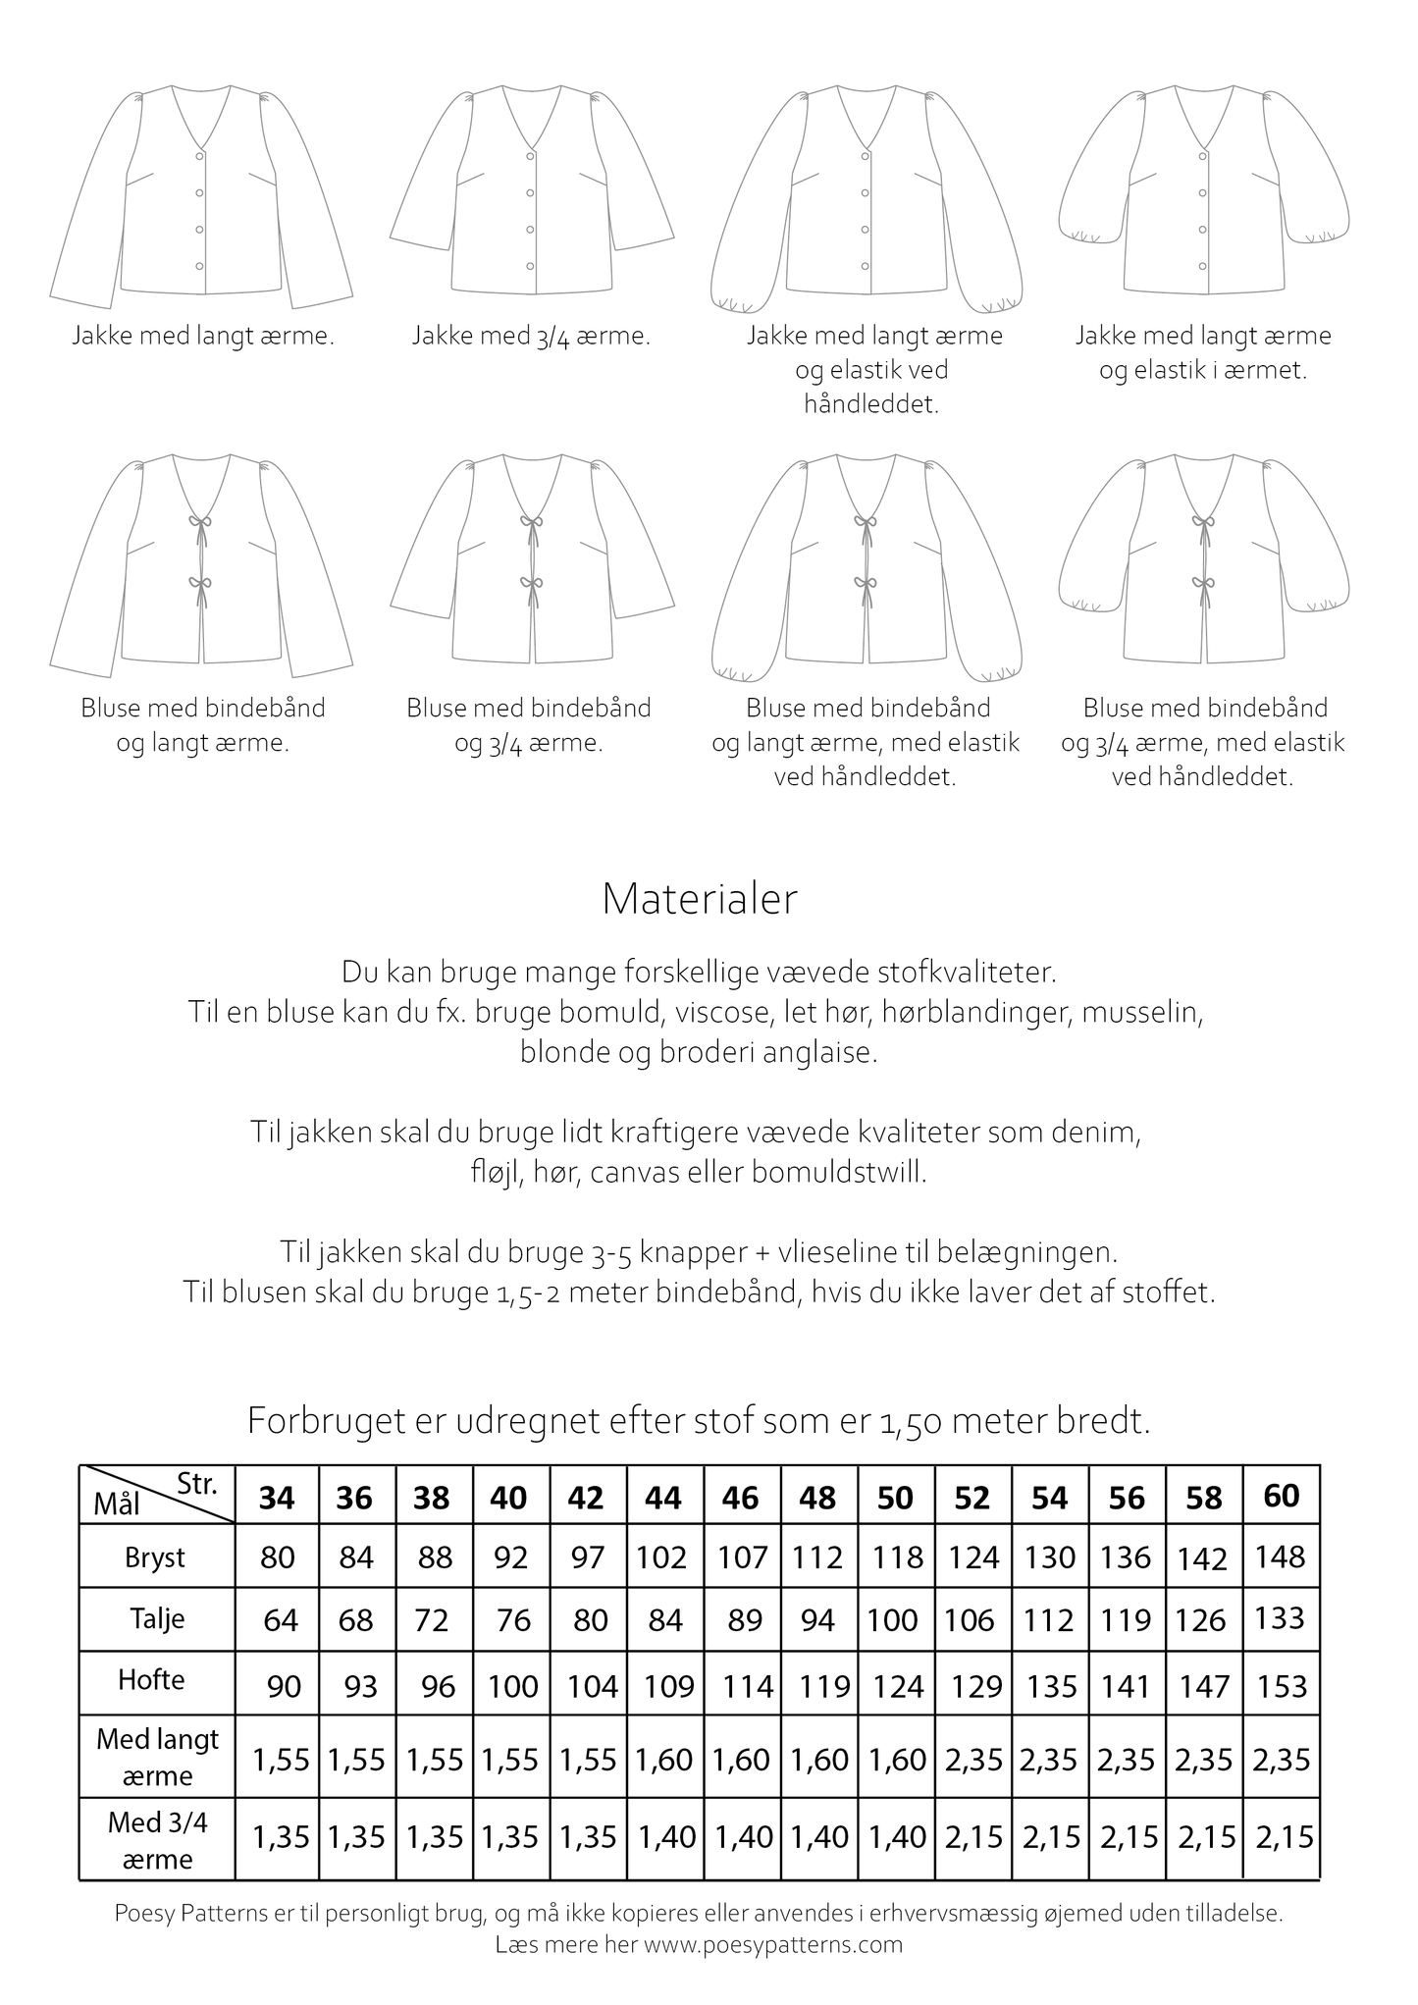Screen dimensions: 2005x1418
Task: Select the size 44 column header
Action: point(663,1498)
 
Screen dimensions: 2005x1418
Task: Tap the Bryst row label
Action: point(155,1557)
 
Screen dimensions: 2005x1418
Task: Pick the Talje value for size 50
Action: point(892,1619)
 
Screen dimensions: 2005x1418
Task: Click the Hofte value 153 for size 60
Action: point(1282,1686)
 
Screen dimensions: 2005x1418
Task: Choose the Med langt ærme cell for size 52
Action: point(973,1760)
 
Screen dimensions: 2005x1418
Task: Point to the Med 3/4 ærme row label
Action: point(157,1840)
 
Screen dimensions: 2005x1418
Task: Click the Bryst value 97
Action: point(587,1558)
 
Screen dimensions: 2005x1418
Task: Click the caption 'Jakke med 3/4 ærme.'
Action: point(531,337)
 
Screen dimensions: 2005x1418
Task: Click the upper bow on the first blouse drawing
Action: point(201,525)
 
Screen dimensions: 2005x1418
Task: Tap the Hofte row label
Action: point(151,1679)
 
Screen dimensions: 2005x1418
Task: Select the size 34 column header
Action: point(277,1498)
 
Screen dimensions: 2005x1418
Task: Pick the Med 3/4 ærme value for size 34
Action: point(281,1836)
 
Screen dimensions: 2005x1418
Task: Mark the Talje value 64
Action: point(281,1619)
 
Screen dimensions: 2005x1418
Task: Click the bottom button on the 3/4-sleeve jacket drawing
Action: point(530,266)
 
